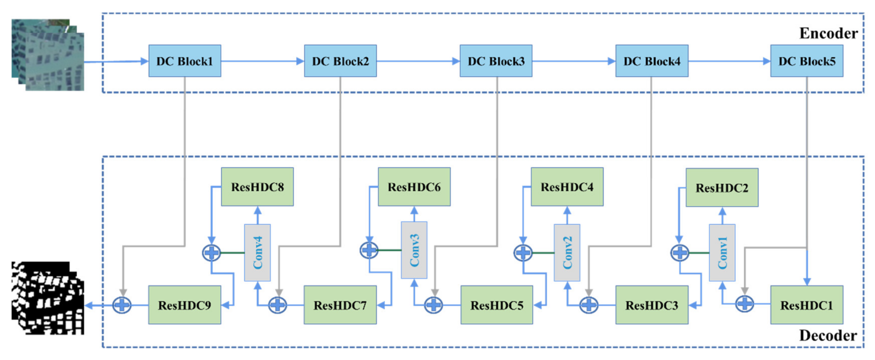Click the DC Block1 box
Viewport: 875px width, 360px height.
[185, 61]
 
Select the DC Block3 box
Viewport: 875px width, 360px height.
[496, 61]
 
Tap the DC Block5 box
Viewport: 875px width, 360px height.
[806, 61]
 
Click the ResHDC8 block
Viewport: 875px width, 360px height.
[257, 187]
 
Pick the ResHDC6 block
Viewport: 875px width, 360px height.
[414, 187]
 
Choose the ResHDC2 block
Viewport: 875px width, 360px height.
[722, 188]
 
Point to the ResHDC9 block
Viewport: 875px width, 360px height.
[185, 305]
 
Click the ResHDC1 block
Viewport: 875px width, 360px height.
[806, 305]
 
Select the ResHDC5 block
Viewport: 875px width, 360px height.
[497, 305]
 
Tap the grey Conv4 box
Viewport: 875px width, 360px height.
[257, 253]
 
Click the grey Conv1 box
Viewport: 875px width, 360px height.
[722, 253]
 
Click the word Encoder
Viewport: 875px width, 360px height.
[828, 33]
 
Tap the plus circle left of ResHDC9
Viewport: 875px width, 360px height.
[122, 305]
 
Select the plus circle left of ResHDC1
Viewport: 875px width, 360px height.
[744, 304]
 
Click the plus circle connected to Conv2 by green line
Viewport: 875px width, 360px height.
[523, 253]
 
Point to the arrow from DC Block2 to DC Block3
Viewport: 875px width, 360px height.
[418, 61]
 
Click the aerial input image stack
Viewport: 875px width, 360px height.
[48, 55]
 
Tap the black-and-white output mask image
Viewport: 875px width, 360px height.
[48, 298]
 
